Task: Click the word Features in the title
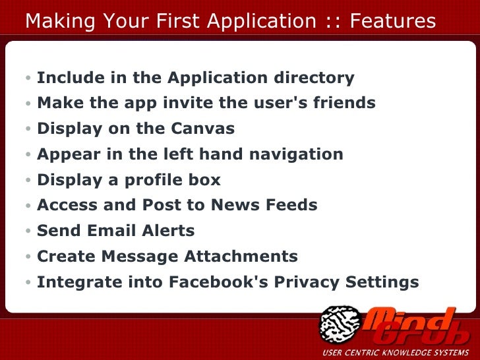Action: click(x=393, y=22)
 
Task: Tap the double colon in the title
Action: click(x=333, y=22)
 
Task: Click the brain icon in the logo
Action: click(x=339, y=325)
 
